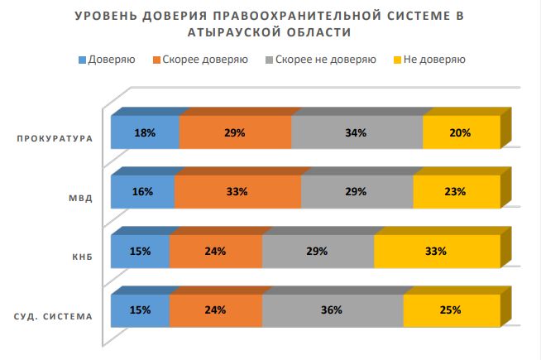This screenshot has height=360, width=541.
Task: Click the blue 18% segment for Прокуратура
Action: pos(145,132)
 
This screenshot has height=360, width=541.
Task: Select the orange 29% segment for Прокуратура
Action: pos(235,132)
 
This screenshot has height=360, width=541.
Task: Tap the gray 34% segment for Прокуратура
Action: pos(357,132)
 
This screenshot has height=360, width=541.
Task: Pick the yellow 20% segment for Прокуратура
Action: pos(461,132)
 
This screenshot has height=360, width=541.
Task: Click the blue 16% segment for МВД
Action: pos(141,192)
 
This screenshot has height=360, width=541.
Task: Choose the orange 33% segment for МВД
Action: pos(237,192)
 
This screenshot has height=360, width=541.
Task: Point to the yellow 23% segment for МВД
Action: pos(457,192)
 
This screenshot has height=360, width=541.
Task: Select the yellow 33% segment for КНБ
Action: pos(437,252)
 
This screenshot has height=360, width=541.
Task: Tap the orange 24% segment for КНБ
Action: pos(215,252)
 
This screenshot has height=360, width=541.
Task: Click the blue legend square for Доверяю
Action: pos(82,60)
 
